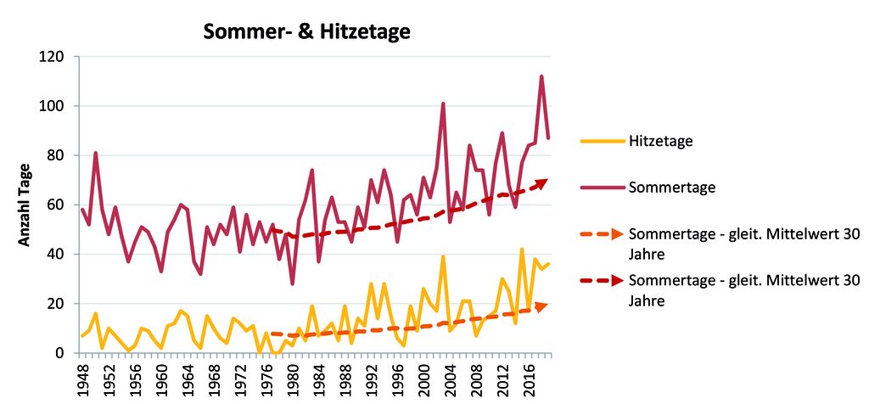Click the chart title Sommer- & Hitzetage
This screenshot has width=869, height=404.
[306, 32]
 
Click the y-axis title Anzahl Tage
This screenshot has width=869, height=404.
[25, 205]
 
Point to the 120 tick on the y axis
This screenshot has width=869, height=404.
[56, 57]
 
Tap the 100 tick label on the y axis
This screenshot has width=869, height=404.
[56, 106]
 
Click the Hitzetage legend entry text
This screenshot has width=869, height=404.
[661, 141]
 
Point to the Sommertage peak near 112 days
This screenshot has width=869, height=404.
[541, 76]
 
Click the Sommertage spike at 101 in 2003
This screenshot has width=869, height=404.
[443, 104]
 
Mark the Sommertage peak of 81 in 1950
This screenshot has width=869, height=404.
[96, 154]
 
